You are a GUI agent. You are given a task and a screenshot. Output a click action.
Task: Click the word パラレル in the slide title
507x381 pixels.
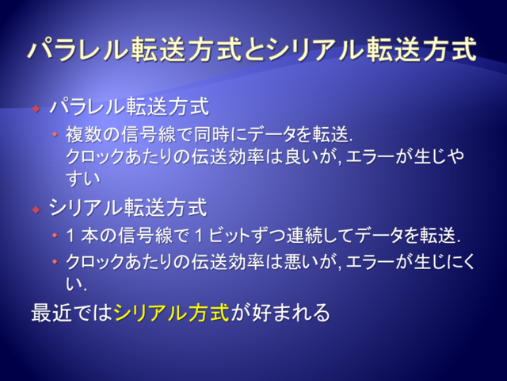pyautogui.click(x=78, y=49)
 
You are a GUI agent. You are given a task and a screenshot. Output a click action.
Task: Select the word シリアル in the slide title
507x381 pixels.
pyautogui.click(x=316, y=49)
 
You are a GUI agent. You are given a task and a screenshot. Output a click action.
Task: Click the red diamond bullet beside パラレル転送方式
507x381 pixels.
pyautogui.click(x=36, y=108)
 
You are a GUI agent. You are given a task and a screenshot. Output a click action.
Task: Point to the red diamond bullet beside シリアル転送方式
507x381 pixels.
pyautogui.click(x=36, y=210)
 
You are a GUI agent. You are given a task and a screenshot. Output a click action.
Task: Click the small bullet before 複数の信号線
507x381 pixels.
pyautogui.click(x=55, y=133)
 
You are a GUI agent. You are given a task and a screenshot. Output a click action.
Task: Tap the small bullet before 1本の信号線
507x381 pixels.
pyautogui.click(x=55, y=235)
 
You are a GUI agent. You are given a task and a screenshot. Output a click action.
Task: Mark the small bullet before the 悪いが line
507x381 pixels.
pyautogui.click(x=55, y=261)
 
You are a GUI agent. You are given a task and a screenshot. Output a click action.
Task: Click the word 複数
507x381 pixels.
pyautogui.click(x=84, y=134)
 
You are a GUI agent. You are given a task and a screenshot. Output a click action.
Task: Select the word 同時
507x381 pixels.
pyautogui.click(x=212, y=134)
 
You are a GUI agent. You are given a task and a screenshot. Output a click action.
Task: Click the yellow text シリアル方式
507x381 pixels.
pyautogui.click(x=172, y=312)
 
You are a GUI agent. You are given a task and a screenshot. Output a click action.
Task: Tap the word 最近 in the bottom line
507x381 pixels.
pyautogui.click(x=51, y=312)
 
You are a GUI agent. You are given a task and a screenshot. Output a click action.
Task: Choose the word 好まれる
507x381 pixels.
pyautogui.click(x=291, y=312)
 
